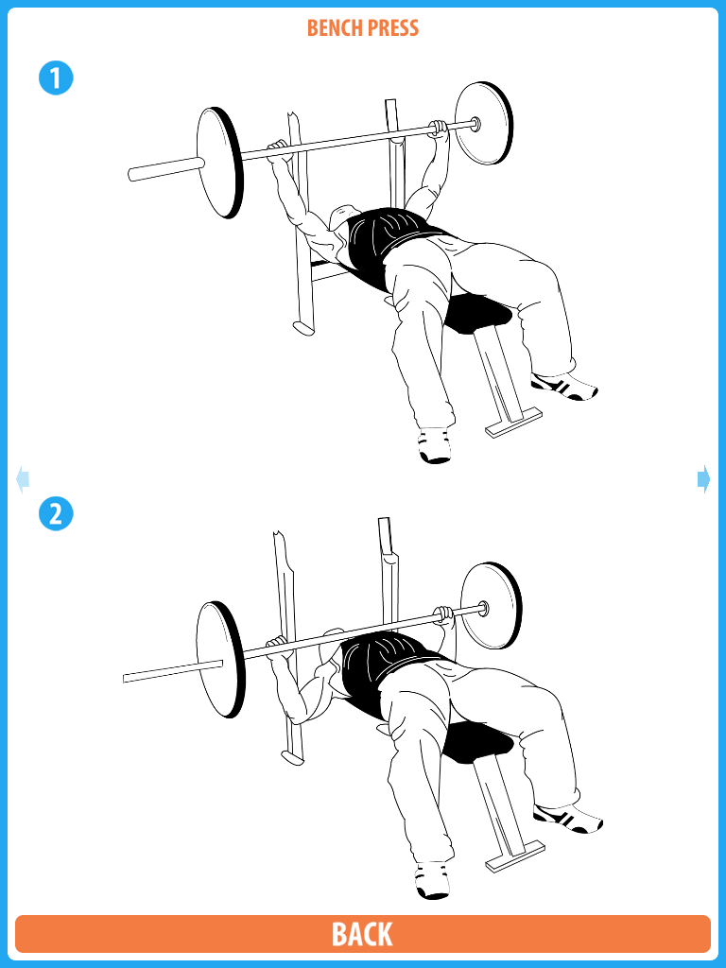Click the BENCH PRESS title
[x=363, y=27]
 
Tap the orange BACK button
[x=363, y=933]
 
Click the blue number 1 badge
[x=56, y=78]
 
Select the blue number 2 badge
[x=56, y=513]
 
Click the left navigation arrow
[x=23, y=479]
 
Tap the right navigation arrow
[x=703, y=479]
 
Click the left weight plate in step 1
[x=219, y=163]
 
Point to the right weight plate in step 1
[x=484, y=124]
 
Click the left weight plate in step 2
[x=220, y=659]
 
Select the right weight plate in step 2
[x=492, y=606]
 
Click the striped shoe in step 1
[x=564, y=387]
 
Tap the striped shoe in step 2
[x=568, y=818]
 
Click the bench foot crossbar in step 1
[x=513, y=423]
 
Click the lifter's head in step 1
[x=342, y=220]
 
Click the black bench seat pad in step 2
[x=479, y=743]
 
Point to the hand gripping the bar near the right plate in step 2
[x=443, y=614]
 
